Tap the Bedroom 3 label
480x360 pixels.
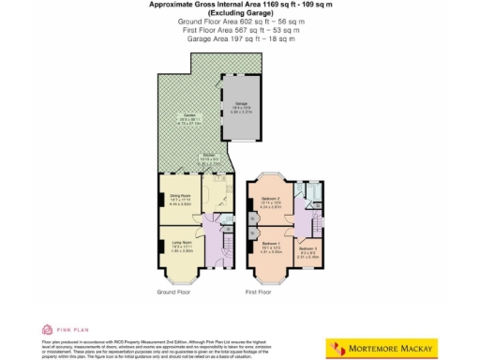point(306,248)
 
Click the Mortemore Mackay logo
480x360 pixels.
point(382,348)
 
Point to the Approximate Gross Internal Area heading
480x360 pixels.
point(239,5)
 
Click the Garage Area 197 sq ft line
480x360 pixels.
point(239,38)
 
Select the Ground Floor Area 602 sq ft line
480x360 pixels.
point(239,22)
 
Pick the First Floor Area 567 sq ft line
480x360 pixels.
point(239,30)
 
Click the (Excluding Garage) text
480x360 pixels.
point(239,13)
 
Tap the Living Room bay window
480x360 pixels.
point(176,275)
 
